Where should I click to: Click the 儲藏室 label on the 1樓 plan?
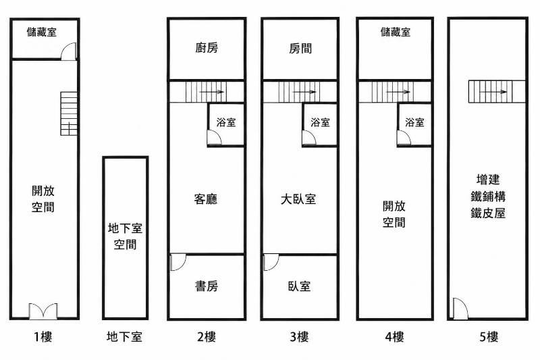pyautogui.click(x=42, y=32)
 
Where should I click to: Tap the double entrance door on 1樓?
pyautogui.click(x=43, y=311)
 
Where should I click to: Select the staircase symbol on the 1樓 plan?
pyautogui.click(x=69, y=113)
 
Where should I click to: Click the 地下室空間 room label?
pyautogui.click(x=125, y=236)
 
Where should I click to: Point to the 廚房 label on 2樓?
pyautogui.click(x=207, y=48)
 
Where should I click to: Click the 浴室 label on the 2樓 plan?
pyautogui.click(x=226, y=122)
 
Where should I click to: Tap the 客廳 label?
pyautogui.click(x=206, y=199)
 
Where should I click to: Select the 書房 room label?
pyautogui.click(x=207, y=286)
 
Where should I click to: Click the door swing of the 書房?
pyautogui.click(x=178, y=262)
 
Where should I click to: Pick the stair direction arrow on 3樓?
pyautogui.click(x=304, y=92)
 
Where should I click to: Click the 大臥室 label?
pyautogui.click(x=298, y=199)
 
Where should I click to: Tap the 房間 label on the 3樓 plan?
pyautogui.click(x=300, y=48)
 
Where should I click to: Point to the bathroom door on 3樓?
pyautogui.click(x=309, y=138)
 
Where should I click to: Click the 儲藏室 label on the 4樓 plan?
pyautogui.click(x=396, y=32)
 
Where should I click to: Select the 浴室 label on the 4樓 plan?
pyautogui.click(x=414, y=122)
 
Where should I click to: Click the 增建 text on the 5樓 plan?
pyautogui.click(x=488, y=179)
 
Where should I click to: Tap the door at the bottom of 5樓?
pyautogui.click(x=460, y=309)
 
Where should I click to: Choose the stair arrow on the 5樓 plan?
pyautogui.click(x=493, y=92)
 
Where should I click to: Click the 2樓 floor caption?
pyautogui.click(x=207, y=336)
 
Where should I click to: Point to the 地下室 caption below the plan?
pyautogui.click(x=124, y=336)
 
